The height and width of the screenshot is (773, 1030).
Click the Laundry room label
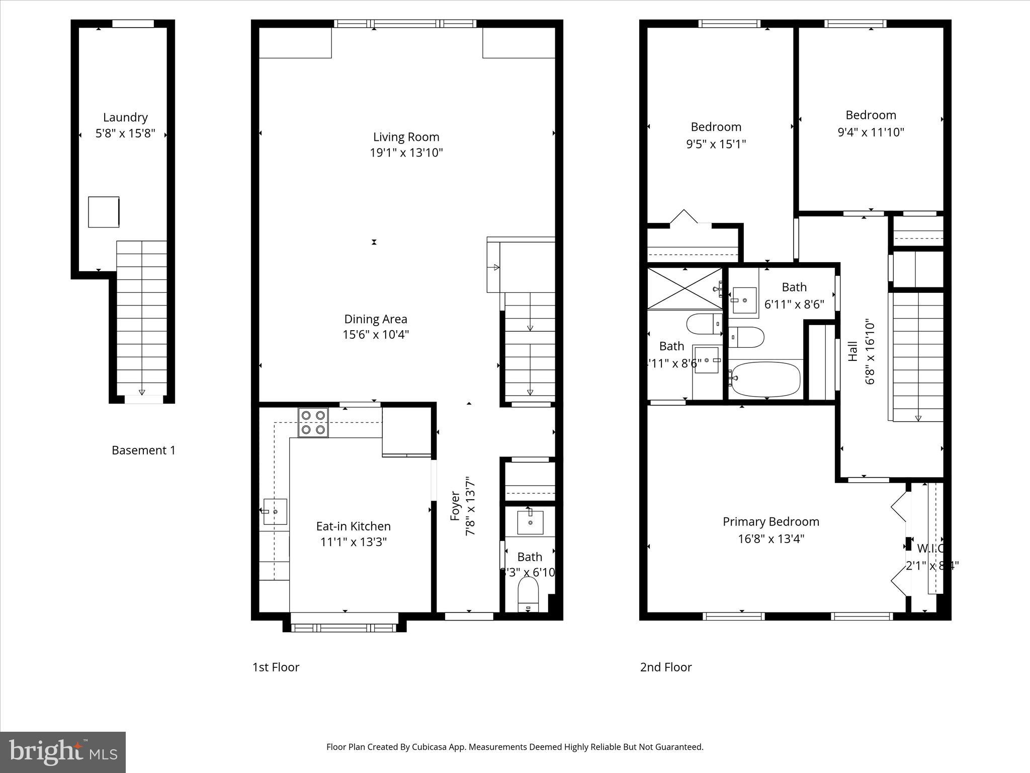click(125, 117)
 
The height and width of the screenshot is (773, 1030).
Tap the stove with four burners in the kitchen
click(313, 422)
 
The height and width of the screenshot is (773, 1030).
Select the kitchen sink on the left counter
click(275, 511)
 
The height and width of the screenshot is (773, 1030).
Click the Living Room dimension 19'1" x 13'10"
click(406, 152)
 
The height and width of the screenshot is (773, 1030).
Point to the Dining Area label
click(376, 319)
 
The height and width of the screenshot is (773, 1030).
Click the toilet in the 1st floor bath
click(528, 594)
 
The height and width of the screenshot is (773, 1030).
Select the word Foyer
click(455, 506)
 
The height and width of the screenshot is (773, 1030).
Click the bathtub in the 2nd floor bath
click(766, 379)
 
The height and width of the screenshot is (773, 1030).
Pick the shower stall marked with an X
click(684, 289)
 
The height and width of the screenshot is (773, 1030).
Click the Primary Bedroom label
click(770, 521)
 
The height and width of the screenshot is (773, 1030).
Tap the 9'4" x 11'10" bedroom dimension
click(871, 132)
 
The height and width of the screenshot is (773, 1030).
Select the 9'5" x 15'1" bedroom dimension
click(716, 144)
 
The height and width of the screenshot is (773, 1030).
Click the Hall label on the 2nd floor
click(852, 351)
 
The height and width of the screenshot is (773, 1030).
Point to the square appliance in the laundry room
click(104, 212)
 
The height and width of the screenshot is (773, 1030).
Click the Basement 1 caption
click(143, 450)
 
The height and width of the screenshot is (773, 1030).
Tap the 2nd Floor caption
click(665, 667)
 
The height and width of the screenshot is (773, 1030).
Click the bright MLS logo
click(63, 752)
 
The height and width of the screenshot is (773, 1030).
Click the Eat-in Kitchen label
click(353, 526)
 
